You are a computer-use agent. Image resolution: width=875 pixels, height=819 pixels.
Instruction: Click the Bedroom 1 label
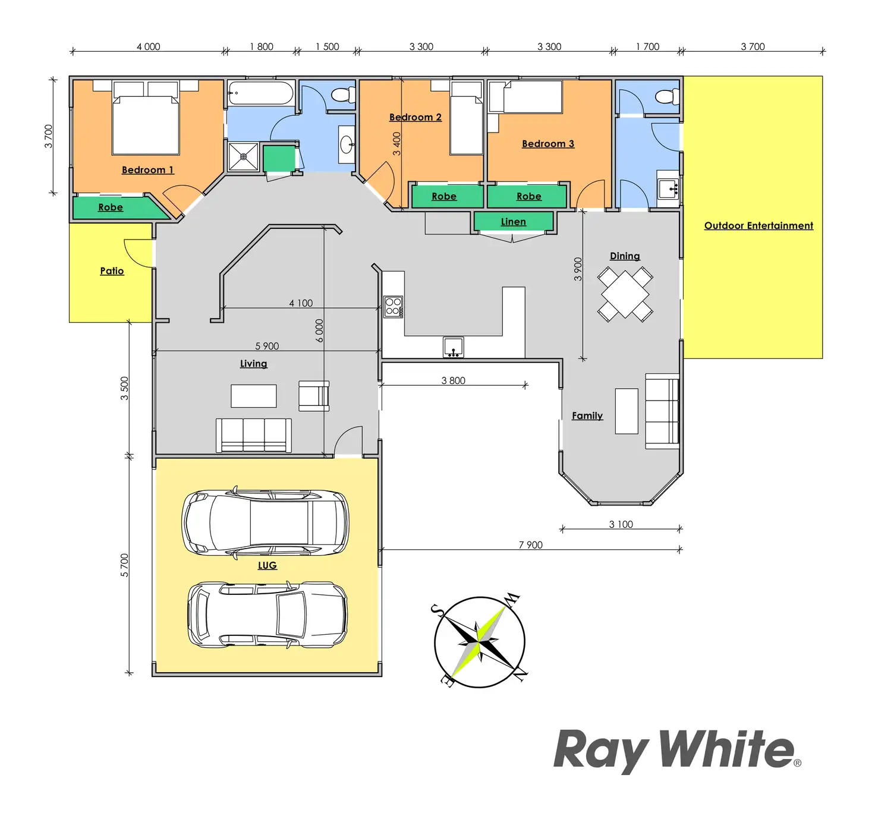click(x=147, y=170)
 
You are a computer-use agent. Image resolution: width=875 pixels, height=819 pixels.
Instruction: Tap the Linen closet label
click(x=513, y=222)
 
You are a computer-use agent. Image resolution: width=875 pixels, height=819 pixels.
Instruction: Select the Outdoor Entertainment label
click(x=758, y=226)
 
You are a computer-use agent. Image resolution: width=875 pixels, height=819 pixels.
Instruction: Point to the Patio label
click(x=112, y=271)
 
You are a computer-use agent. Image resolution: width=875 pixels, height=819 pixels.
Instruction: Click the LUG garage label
click(x=267, y=565)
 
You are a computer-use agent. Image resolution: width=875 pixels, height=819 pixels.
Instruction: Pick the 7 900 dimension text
click(x=530, y=545)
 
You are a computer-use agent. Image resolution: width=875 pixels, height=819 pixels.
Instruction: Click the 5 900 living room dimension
click(x=267, y=346)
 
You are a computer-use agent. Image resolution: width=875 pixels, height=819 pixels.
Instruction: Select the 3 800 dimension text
click(x=453, y=380)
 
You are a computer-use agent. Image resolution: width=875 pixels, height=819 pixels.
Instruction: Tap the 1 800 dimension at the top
click(x=262, y=46)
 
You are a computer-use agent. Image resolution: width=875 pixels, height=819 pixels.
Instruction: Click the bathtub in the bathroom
click(x=260, y=93)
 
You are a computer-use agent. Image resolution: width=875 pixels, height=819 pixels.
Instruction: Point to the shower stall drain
click(x=244, y=157)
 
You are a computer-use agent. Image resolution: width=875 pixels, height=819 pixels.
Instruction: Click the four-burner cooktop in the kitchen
click(x=393, y=307)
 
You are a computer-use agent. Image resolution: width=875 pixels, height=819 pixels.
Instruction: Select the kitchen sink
click(x=453, y=346)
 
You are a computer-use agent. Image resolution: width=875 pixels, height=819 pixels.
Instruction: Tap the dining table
click(x=625, y=294)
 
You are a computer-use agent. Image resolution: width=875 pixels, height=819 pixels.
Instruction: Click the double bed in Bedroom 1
click(x=146, y=122)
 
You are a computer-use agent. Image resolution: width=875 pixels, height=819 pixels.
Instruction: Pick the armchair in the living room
click(x=313, y=396)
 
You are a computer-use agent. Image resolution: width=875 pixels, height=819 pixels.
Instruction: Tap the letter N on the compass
click(x=520, y=675)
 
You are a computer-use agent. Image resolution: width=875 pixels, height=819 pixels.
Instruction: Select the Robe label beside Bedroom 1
click(x=111, y=207)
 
